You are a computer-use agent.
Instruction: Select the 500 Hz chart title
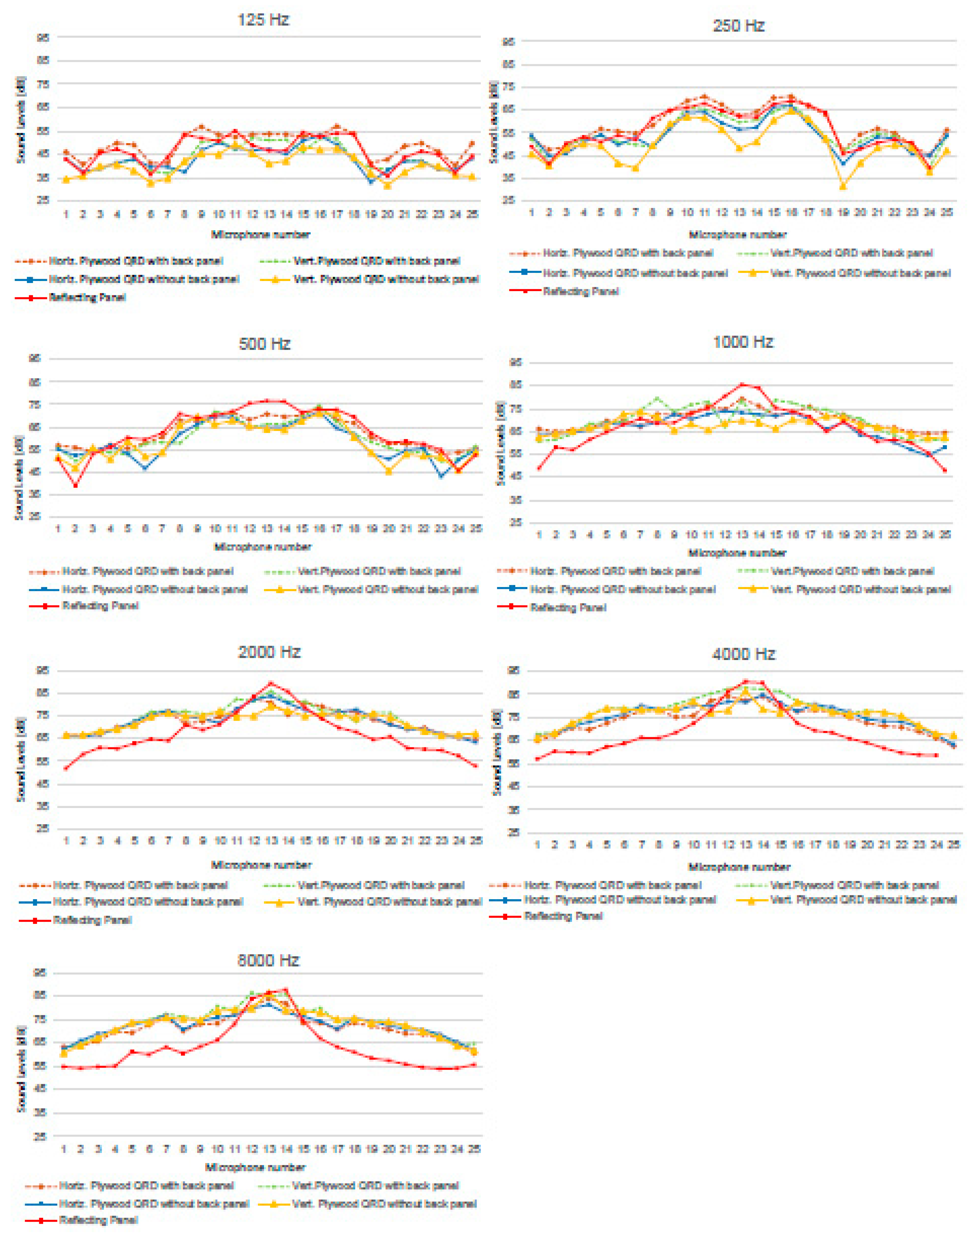pos(264,344)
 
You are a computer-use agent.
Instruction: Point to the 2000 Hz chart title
pos(269,652)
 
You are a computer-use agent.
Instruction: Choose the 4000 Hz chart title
pos(744,654)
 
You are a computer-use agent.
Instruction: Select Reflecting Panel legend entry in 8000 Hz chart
pos(98,1220)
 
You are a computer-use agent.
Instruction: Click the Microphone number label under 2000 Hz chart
pos(261,865)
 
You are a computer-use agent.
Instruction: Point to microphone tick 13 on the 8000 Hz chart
pos(269,1149)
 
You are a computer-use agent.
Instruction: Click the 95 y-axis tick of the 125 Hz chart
pos(43,37)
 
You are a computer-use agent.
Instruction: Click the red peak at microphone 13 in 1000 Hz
pos(742,385)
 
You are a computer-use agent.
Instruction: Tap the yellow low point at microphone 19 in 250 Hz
pos(843,186)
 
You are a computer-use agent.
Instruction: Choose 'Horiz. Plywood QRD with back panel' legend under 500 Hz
pos(147,571)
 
